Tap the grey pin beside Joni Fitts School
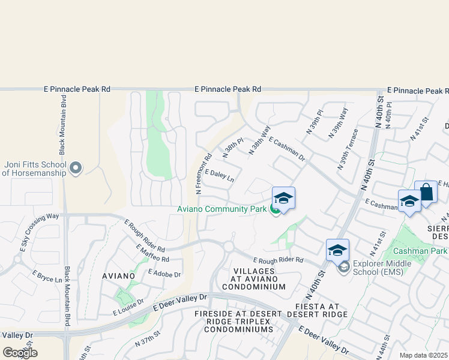tap(76, 169)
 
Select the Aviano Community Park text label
tap(221, 209)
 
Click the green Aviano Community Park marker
tap(275, 209)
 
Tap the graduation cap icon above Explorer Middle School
tap(337, 250)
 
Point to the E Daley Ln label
tap(219, 175)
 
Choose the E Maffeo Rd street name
tap(152, 253)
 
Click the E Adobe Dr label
tap(163, 274)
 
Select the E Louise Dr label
tap(128, 307)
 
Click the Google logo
tap(20, 353)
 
